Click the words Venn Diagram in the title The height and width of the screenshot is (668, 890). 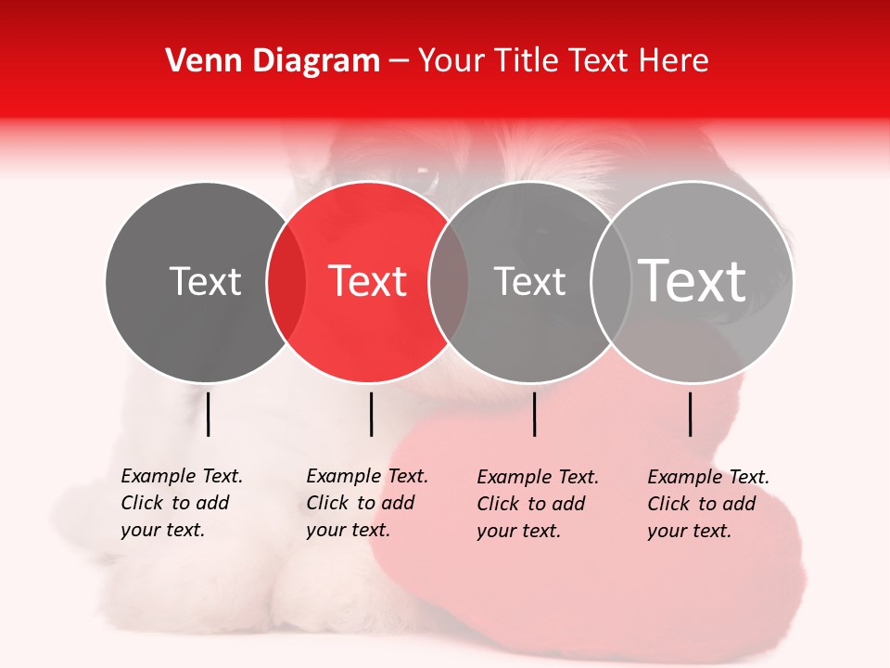tap(273, 61)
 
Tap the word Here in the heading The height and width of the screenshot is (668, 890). tap(676, 61)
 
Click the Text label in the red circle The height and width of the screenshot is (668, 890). tap(368, 281)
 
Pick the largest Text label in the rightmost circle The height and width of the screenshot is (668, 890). tap(693, 281)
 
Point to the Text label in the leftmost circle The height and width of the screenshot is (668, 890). tap(205, 281)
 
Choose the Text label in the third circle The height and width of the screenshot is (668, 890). tap(529, 281)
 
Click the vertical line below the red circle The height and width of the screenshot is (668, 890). tap(371, 414)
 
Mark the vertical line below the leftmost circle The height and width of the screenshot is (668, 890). tap(208, 414)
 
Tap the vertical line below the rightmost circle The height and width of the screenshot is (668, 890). tap(691, 414)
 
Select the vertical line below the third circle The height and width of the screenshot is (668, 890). tap(534, 414)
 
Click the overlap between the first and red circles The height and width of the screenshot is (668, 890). tap(286, 281)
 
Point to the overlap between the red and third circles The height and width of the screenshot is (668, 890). tap(449, 281)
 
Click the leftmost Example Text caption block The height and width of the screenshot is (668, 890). tap(182, 503)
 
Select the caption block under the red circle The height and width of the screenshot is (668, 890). tap(367, 503)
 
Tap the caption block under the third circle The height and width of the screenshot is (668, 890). tap(538, 504)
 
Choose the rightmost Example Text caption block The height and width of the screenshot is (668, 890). tap(708, 504)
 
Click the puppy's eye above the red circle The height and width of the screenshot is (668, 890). tap(425, 173)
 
